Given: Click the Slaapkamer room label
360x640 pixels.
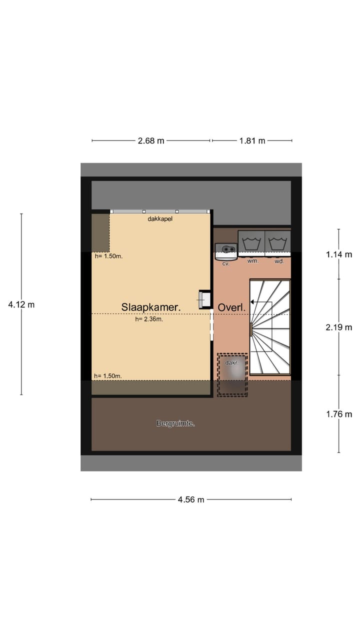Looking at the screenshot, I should (150, 307).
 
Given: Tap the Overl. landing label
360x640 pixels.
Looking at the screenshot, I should (231, 307).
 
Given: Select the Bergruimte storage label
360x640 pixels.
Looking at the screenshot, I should (175, 423).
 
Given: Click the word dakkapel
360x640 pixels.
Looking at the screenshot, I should (160, 219).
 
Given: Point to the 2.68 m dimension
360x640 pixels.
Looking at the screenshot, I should (150, 140).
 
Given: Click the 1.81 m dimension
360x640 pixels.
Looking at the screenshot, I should (252, 140).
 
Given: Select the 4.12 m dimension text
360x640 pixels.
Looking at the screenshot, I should (21, 304).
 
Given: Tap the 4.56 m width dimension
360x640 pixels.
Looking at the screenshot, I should (190, 499).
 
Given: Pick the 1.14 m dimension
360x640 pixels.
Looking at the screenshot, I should (338, 254).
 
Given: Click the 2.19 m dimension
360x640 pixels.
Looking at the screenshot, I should (338, 327).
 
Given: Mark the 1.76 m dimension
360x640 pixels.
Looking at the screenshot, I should (338, 413).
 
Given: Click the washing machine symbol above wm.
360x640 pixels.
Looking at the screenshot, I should (251, 244).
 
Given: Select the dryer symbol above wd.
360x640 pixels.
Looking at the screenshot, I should (277, 244).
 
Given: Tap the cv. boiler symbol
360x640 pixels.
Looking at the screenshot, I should (225, 251).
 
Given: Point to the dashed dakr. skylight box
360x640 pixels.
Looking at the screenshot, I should (232, 375).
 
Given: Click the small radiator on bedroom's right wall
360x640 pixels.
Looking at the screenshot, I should (204, 299).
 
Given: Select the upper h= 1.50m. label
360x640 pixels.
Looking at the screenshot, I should (108, 256).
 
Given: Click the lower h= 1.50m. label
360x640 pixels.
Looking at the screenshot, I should (108, 376).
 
